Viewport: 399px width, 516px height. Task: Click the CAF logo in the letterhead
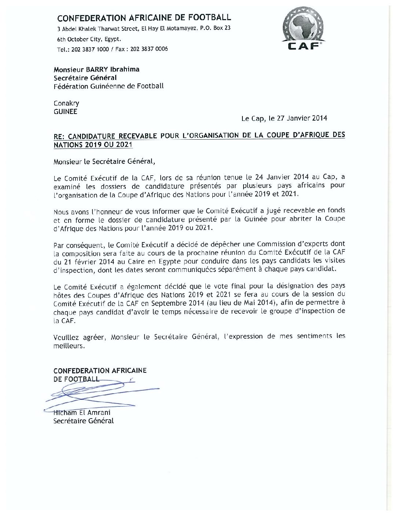pyautogui.click(x=303, y=30)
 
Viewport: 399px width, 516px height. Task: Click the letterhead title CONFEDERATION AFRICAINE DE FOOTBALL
pyautogui.click(x=144, y=18)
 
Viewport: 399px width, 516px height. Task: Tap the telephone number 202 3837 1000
pyautogui.click(x=90, y=49)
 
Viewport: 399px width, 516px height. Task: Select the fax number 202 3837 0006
pyautogui.click(x=149, y=49)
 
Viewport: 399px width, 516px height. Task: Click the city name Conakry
pyautogui.click(x=66, y=103)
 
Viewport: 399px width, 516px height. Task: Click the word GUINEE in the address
pyautogui.click(x=65, y=112)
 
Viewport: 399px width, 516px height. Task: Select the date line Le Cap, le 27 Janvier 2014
pyautogui.click(x=284, y=118)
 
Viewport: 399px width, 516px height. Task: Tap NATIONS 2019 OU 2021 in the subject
pyautogui.click(x=93, y=145)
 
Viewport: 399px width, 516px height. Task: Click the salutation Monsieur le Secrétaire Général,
pyautogui.click(x=102, y=161)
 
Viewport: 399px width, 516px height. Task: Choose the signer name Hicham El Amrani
pyautogui.click(x=82, y=413)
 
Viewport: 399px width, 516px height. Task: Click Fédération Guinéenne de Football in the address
pyautogui.click(x=109, y=86)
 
